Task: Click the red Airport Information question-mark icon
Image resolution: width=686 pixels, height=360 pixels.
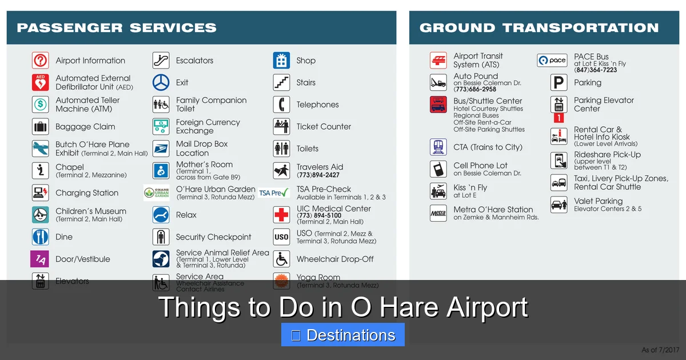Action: (x=40, y=61)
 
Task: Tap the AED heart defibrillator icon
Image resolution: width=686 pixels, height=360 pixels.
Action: (x=40, y=82)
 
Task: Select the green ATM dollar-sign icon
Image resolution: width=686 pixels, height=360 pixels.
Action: (x=40, y=105)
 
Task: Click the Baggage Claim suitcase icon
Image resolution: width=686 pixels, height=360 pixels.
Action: (x=40, y=126)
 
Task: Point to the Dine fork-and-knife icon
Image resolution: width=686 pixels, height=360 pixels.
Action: (x=40, y=237)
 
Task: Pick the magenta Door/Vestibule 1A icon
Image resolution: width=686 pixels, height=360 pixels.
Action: (x=39, y=259)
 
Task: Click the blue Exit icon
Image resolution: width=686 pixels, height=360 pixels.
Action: (x=161, y=82)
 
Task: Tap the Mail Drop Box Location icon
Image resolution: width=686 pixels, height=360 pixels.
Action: (x=161, y=149)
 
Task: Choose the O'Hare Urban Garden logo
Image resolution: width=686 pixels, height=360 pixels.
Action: (x=157, y=193)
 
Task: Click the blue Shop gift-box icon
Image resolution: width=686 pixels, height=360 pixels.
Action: (x=281, y=61)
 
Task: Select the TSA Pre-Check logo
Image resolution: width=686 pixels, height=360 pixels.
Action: (x=274, y=193)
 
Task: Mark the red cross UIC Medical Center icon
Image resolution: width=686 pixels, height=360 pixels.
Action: (x=281, y=215)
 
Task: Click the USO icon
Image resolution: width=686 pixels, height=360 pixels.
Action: (x=281, y=237)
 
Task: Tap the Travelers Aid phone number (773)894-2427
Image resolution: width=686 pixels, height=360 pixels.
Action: (x=318, y=175)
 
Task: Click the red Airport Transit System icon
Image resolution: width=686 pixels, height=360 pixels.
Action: (x=438, y=60)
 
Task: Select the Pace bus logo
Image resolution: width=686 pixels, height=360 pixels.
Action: (x=552, y=60)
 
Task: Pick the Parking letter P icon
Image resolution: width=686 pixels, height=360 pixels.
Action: (x=559, y=83)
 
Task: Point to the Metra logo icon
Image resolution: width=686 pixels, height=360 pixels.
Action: (x=438, y=213)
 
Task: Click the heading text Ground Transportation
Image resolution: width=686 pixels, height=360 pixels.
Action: (x=539, y=27)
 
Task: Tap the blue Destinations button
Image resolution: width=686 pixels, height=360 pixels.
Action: (x=343, y=335)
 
